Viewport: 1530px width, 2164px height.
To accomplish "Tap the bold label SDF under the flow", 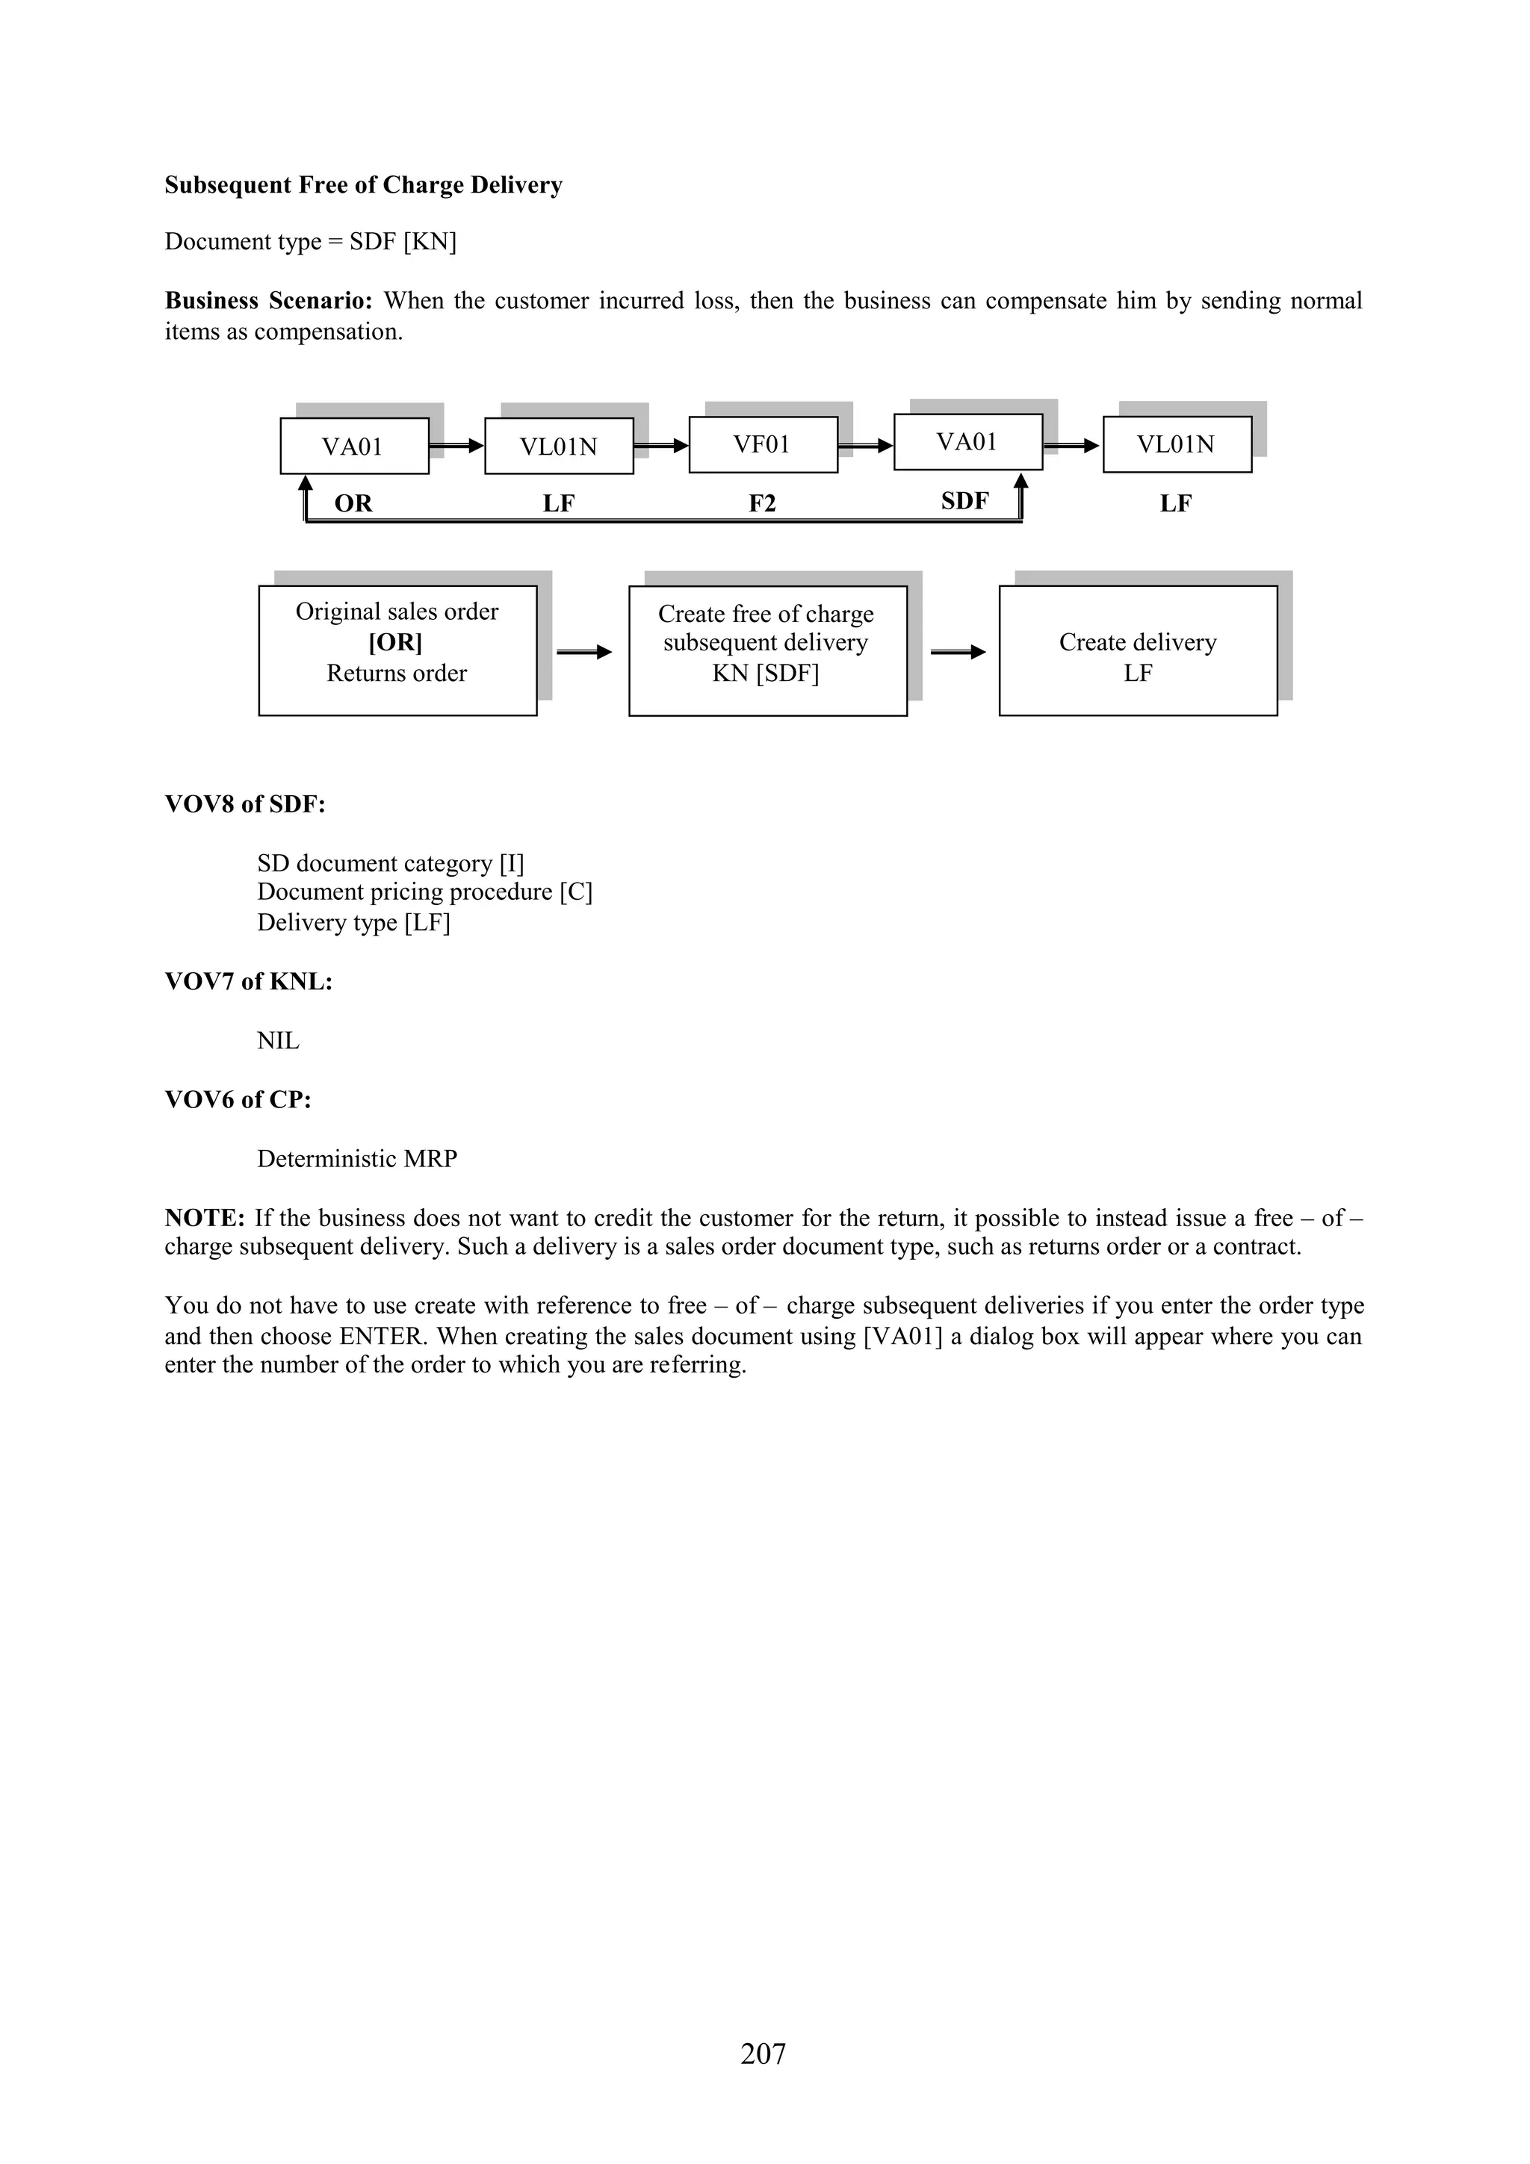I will tap(964, 500).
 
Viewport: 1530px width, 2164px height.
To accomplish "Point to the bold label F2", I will tap(762, 503).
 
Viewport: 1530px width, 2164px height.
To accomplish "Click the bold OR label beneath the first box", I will tap(353, 503).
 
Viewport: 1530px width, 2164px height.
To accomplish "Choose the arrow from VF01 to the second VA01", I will tap(865, 445).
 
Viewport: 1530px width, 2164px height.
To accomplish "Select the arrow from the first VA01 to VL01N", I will tap(456, 445).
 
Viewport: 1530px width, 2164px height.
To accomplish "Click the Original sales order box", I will tap(397, 650).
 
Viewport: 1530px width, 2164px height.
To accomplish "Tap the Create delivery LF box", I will tap(1137, 650).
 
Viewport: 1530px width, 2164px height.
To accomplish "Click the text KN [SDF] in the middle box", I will tap(766, 673).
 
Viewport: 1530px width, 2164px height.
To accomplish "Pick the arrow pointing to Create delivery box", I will tap(957, 651).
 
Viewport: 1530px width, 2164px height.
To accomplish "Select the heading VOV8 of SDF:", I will tap(245, 804).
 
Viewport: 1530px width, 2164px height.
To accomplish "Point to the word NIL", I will tap(278, 1040).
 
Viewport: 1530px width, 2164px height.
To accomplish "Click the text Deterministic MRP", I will tap(357, 1158).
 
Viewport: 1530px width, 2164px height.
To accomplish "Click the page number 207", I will tap(763, 2053).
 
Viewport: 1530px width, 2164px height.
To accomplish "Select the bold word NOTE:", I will tap(205, 1218).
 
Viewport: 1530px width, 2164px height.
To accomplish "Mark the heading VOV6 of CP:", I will tap(238, 1099).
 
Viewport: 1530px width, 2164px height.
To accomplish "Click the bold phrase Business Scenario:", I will tap(269, 301).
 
